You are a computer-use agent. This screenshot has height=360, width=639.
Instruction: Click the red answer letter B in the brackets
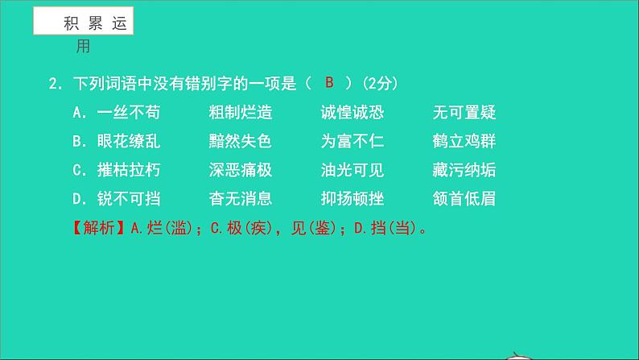[x=328, y=84]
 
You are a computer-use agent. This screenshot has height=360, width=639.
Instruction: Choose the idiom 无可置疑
[x=464, y=113]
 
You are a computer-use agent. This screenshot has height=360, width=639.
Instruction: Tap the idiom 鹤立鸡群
[x=464, y=142]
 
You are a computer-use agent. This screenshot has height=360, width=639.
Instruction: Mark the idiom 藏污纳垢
[x=464, y=170]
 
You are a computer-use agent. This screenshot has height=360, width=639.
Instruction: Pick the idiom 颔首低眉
[x=464, y=199]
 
